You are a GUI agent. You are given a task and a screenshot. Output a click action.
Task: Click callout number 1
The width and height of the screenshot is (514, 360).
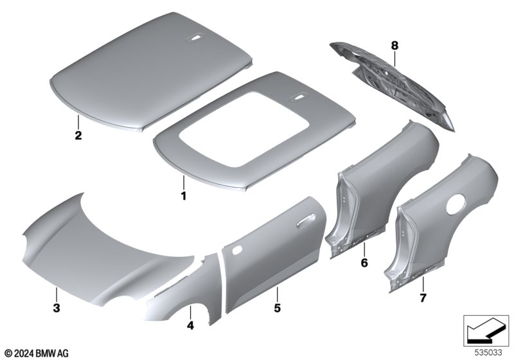[x=184, y=196]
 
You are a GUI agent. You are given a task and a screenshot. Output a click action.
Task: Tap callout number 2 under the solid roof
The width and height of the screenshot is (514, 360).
[x=78, y=135]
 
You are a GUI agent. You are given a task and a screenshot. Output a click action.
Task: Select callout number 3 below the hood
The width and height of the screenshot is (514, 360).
[x=57, y=308]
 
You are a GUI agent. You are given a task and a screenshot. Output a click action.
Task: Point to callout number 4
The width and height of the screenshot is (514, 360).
[x=190, y=325]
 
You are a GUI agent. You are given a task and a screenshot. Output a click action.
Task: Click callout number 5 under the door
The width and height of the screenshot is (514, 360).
[x=278, y=308]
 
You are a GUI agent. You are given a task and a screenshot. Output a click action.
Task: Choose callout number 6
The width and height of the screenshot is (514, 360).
[x=364, y=263]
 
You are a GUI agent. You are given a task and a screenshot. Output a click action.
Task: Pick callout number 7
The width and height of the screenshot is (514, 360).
[x=423, y=298]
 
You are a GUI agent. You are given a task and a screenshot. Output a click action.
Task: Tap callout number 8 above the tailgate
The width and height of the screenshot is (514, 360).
[x=394, y=46]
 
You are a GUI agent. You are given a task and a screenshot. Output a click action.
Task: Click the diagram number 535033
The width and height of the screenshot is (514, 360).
[x=488, y=352]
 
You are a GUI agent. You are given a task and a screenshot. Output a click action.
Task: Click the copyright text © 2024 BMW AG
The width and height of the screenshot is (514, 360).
[x=37, y=353]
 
